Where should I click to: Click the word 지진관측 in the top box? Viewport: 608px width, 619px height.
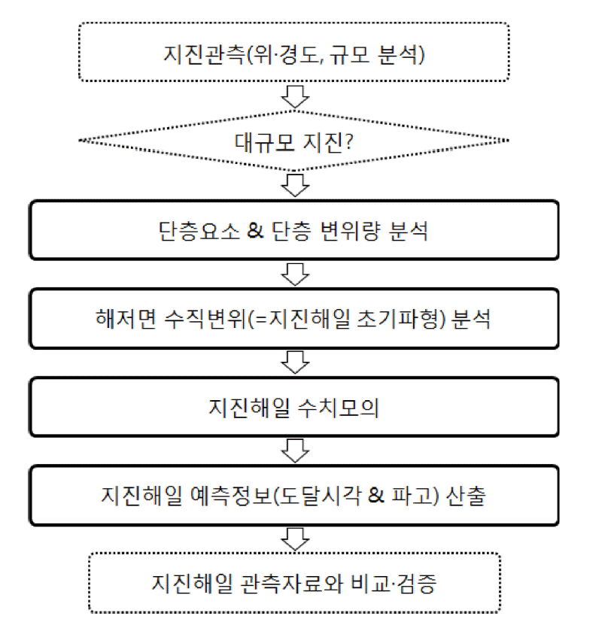point(205,54)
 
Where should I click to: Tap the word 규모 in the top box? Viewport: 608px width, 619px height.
point(349,54)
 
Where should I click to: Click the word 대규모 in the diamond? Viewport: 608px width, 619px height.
point(265,141)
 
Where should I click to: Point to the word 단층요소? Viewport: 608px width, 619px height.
point(199,231)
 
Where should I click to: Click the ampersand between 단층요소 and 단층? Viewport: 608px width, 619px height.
point(255,231)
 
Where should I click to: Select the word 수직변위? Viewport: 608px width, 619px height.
point(205,319)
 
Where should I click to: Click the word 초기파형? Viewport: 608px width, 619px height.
point(397,319)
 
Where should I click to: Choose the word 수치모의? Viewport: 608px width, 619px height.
point(338,408)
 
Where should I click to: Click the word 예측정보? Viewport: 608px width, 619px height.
point(232,496)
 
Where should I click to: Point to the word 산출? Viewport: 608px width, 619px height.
point(466,496)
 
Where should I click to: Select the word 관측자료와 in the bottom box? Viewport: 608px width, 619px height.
point(291,584)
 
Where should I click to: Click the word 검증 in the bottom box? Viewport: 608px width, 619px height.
point(416,584)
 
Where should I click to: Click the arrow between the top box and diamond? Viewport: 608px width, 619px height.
point(295,96)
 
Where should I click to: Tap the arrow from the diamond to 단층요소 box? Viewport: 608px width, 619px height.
point(295,185)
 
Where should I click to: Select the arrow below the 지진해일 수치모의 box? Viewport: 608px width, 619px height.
point(295,451)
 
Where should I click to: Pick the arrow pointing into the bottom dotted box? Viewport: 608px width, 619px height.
point(295,539)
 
